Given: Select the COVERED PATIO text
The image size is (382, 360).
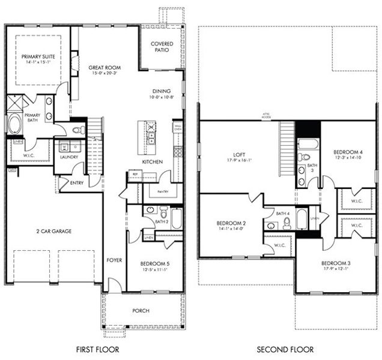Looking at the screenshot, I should pos(162,47).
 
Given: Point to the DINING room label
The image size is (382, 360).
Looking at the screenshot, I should pos(162,91).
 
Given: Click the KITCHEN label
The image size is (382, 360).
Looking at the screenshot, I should pos(151,162).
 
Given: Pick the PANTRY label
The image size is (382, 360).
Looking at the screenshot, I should pos(162,193).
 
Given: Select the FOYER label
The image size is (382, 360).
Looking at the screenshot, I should pos(114,260).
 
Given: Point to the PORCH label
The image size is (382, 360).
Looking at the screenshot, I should pos(141,310).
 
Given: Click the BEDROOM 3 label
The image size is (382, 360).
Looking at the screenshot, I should pos(335,263).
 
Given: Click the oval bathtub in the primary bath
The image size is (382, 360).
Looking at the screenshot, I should pos(14,124).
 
